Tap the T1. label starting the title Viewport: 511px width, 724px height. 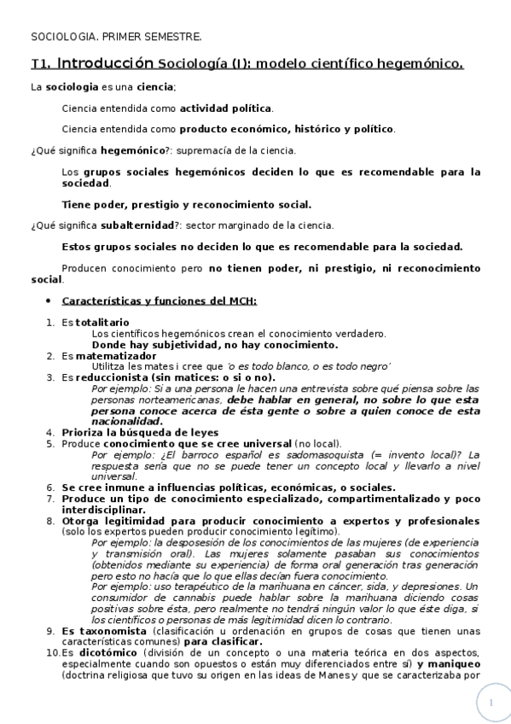(40, 64)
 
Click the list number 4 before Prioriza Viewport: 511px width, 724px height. (50, 432)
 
